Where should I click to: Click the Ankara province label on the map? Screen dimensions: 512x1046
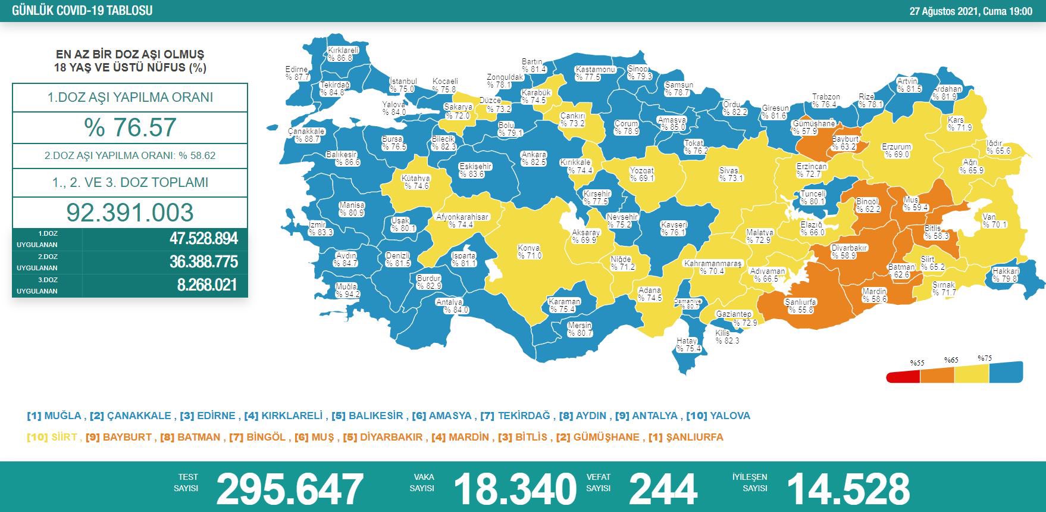[x=534, y=158]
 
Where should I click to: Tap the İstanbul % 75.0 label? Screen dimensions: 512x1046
[x=403, y=85]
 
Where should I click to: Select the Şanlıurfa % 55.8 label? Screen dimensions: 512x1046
[x=800, y=306]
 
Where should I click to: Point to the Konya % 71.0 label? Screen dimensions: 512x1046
[x=529, y=252]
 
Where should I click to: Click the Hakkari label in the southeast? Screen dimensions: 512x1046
[x=1006, y=274]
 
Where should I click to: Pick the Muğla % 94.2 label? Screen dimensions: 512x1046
[x=347, y=291]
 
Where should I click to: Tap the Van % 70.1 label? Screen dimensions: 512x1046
[x=994, y=221]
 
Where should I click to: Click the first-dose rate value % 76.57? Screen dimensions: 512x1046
[x=130, y=127]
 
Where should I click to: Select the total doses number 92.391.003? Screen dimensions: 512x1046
[x=130, y=213]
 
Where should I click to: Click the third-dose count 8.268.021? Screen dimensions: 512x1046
[x=207, y=285]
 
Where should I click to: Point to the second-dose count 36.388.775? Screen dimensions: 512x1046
[x=203, y=262]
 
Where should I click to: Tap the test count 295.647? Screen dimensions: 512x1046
[x=290, y=489]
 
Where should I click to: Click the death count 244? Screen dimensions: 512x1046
[x=662, y=489]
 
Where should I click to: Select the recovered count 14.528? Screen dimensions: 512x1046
[x=848, y=489]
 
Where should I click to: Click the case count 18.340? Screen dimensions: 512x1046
[x=515, y=489]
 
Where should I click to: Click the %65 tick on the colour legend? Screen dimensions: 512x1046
[x=951, y=360]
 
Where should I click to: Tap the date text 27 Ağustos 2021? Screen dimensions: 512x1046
[x=944, y=11]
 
